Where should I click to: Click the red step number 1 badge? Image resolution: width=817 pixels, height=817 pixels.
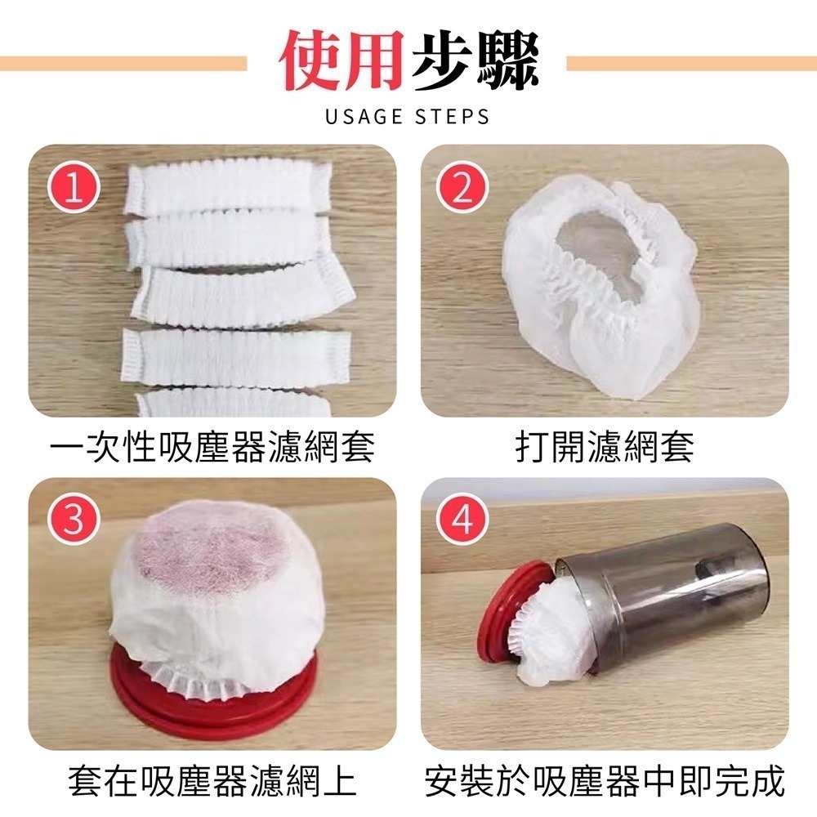pos(74,189)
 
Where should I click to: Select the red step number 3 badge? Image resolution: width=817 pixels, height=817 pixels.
pos(74,520)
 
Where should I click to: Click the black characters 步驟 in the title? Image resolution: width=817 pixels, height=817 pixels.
pos(474,63)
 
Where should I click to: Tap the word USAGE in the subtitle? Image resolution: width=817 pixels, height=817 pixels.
pos(360,117)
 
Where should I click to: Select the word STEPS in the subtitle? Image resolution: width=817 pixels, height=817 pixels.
pos(454,117)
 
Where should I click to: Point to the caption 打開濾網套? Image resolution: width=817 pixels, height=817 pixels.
pos(605,448)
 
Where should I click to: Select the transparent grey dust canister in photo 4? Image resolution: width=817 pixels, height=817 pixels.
pos(678,596)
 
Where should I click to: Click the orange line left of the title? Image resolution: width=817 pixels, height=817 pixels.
pos(123,63)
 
